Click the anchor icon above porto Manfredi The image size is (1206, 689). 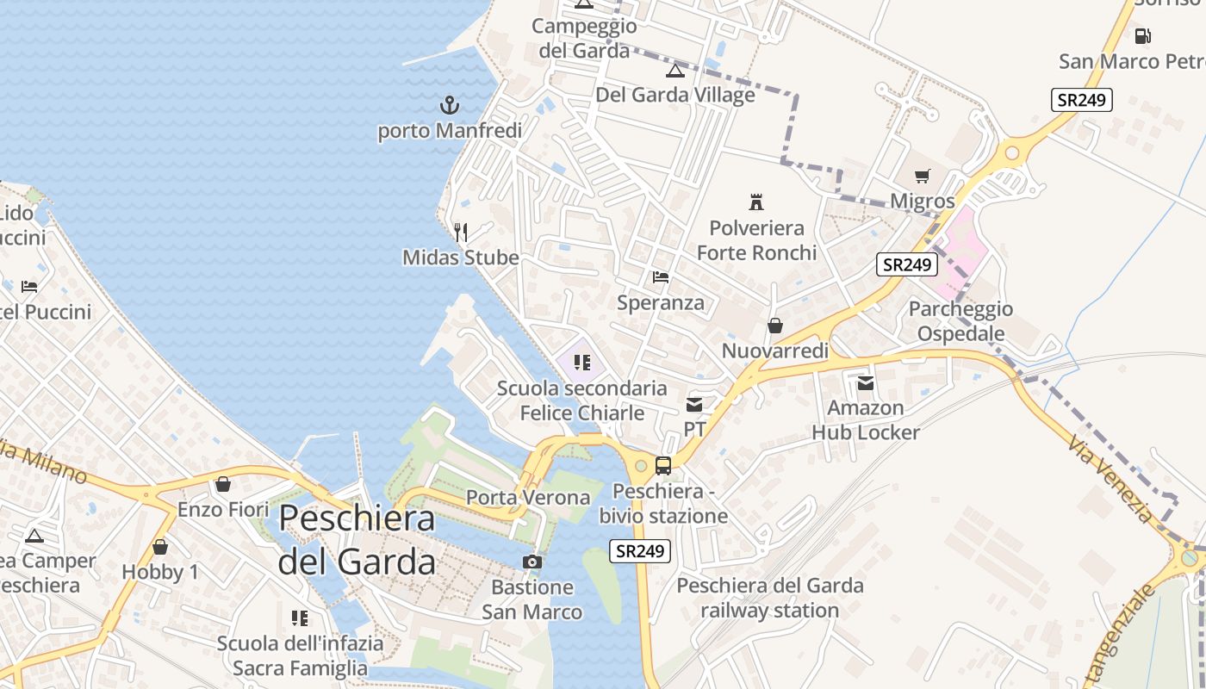tap(449, 106)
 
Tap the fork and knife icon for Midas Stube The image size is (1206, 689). tap(461, 232)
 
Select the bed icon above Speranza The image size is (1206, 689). tap(661, 277)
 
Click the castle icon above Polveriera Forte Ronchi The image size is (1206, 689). tap(756, 202)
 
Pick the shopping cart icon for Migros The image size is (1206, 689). tap(923, 176)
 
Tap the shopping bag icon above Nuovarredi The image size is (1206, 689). tap(775, 326)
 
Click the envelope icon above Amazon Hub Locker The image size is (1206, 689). tap(866, 382)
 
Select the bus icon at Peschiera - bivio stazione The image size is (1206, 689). tap(663, 466)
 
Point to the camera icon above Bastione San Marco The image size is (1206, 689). tap(532, 562)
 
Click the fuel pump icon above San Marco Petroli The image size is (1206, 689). tap(1142, 36)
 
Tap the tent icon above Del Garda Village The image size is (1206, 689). tap(675, 70)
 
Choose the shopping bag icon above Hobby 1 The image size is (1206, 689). tap(160, 547)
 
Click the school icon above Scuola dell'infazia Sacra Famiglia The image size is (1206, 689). tap(300, 618)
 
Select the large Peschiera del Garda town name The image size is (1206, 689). tap(357, 540)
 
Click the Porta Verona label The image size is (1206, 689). tap(528, 498)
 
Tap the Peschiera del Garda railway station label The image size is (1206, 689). tap(769, 599)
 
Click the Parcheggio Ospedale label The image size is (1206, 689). tap(960, 321)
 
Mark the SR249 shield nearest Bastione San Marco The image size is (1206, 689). tap(640, 551)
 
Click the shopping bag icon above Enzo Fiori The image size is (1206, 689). tap(223, 484)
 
